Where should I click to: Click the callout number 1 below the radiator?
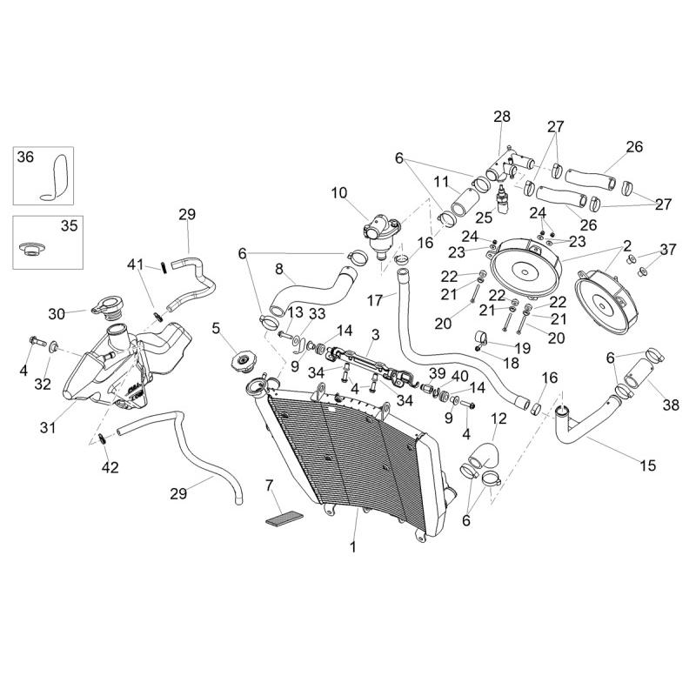[x=353, y=547]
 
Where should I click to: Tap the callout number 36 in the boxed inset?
[x=25, y=157]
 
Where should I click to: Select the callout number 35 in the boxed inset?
[x=69, y=226]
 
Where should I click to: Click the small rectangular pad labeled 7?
[x=284, y=519]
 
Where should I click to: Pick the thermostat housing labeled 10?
[x=379, y=233]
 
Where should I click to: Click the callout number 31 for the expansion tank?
[x=48, y=427]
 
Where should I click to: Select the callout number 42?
[x=110, y=467]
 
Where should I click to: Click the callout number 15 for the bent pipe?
[x=647, y=465]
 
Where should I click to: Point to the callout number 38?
[x=671, y=405]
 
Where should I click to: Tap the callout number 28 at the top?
[x=502, y=117]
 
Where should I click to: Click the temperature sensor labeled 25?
[x=503, y=201]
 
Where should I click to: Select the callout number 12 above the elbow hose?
[x=499, y=418]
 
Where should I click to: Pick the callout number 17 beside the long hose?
[x=375, y=300]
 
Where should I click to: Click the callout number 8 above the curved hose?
[x=278, y=269]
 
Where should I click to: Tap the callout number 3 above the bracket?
[x=376, y=335]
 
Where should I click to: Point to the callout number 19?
[x=523, y=349]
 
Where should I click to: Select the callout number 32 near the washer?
[x=43, y=385]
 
